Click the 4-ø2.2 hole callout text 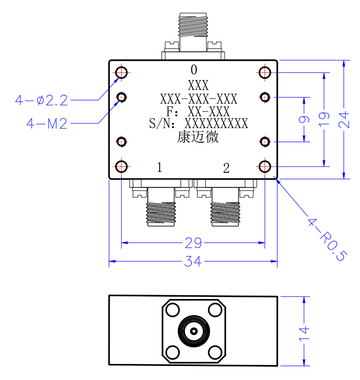pos(41,100)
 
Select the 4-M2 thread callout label pos(47,123)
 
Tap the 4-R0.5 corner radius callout pos(328,240)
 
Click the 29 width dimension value pos(193,243)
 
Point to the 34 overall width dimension pos(193,261)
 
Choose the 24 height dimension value pos(344,120)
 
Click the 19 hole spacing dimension pos(324,119)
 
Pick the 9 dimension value pos(304,120)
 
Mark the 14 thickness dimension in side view pos(304,334)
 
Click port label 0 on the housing pos(194,70)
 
